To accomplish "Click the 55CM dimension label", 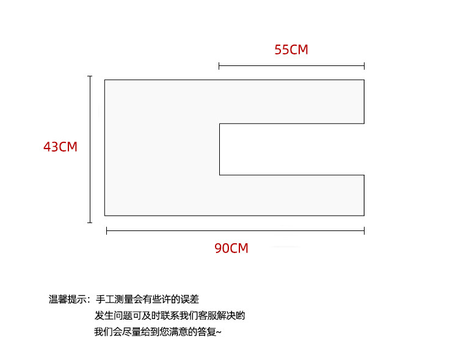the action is point(291,50).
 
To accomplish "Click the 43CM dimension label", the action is point(60,147).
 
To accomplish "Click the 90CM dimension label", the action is point(231,249).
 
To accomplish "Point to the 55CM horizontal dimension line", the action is point(291,66).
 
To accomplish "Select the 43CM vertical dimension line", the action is point(90,149).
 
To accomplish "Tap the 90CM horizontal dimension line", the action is point(235,230).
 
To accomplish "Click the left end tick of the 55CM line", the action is point(219,66).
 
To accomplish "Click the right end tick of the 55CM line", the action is point(364,66).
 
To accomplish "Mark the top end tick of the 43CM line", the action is point(90,76).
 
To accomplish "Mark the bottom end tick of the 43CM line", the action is point(90,222).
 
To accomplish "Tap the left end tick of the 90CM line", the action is point(107,230).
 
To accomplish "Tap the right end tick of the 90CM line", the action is point(364,230).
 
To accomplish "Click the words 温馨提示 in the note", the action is point(68,299).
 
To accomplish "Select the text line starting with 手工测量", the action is point(147,299).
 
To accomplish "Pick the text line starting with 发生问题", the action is point(170,316).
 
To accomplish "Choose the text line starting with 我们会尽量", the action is point(158,332).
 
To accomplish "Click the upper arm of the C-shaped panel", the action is point(291,101).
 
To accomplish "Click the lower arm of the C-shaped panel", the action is point(291,195).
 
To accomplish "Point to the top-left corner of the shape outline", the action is point(104,79).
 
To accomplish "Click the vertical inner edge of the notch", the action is point(219,149).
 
